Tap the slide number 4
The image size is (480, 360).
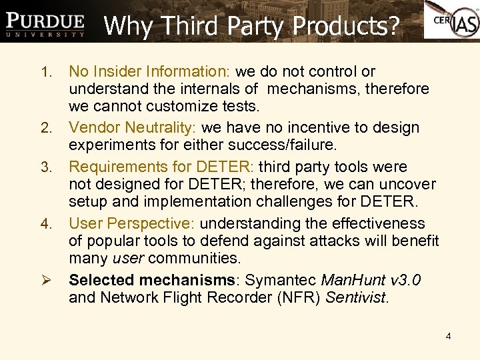coord(448,336)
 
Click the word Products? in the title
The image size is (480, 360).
coord(346,26)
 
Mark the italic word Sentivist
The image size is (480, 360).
coord(355,298)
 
